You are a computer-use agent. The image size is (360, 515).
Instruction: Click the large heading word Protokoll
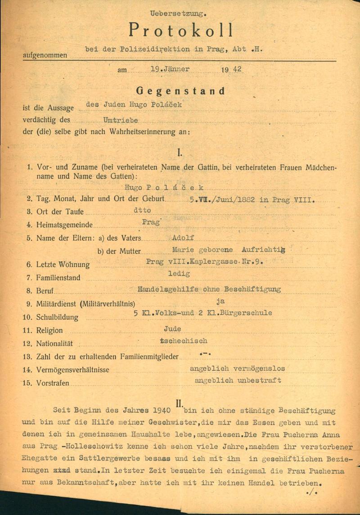tap(181, 30)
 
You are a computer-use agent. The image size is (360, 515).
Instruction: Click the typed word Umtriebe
tap(121, 120)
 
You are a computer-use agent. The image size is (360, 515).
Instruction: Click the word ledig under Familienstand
tap(179, 273)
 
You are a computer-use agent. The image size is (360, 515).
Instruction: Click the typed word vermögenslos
tap(257, 368)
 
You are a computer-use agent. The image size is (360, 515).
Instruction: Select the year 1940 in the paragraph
tap(161, 411)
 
